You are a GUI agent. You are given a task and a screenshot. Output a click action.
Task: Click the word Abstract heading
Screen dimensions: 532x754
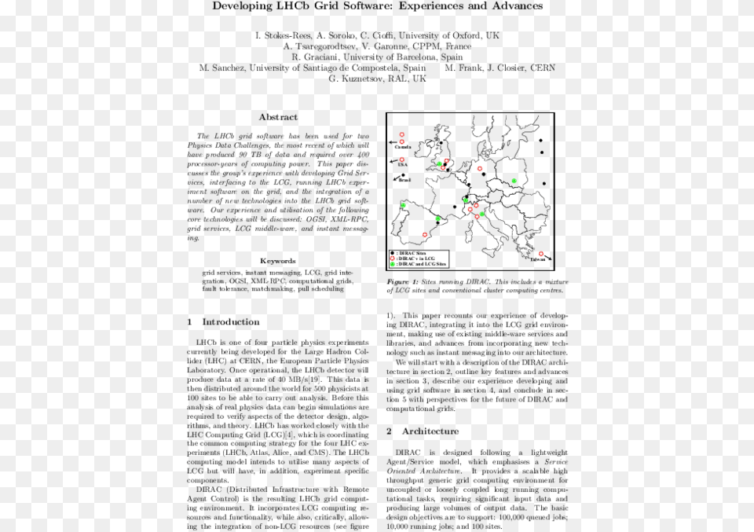point(278,117)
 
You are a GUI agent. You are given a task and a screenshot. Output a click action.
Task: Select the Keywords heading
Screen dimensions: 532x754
point(278,261)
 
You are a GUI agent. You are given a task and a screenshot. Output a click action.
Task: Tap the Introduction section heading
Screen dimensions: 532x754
point(230,322)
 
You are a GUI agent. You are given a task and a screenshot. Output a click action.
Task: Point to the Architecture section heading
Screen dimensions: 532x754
point(430,431)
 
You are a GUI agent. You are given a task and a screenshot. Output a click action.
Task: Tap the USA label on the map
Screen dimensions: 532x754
point(402,165)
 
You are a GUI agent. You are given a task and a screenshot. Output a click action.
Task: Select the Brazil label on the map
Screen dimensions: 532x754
point(404,181)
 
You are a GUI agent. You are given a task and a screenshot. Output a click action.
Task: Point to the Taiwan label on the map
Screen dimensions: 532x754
point(538,259)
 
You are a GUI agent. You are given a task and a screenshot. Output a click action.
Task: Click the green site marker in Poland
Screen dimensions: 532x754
point(514,182)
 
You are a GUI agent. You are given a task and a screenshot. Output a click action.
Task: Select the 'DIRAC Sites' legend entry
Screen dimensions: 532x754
point(410,252)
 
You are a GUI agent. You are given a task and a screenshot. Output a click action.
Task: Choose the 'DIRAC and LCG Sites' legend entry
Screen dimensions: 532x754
point(416,265)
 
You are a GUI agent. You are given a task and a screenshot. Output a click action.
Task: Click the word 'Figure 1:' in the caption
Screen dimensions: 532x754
point(402,281)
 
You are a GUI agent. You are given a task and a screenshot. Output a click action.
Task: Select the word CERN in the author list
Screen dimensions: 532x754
point(542,68)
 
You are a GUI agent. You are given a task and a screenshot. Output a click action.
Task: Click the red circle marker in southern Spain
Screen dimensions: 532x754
point(425,235)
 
